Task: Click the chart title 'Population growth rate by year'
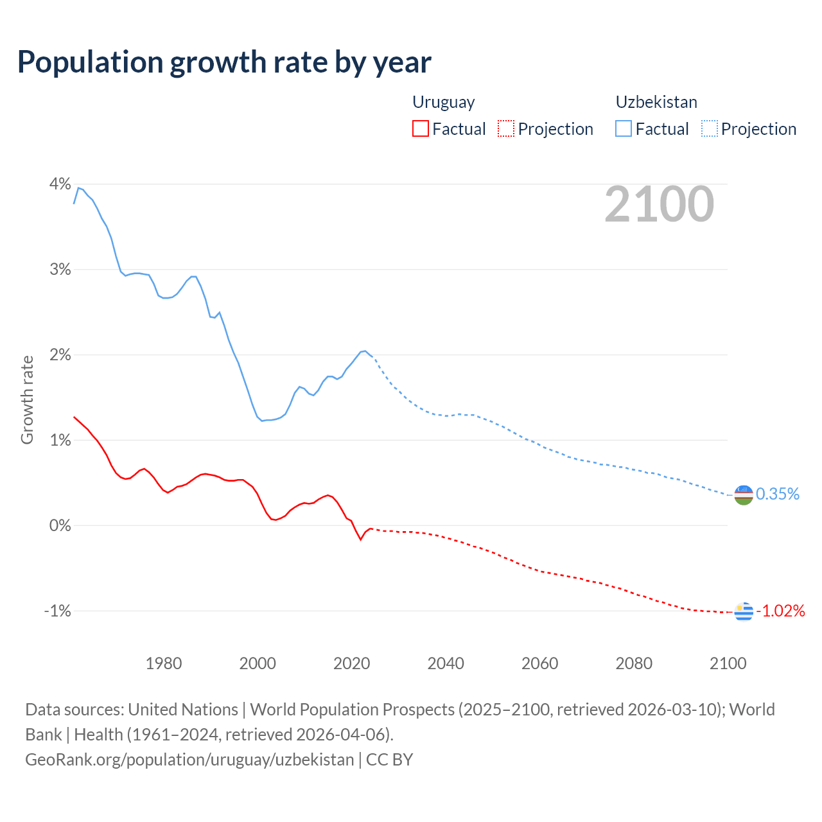pos(224,62)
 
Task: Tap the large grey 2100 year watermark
pos(659,204)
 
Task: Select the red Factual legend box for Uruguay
pos(420,129)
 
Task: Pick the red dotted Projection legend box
pos(506,129)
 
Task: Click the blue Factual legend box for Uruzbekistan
pos(623,129)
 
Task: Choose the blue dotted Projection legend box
pos(710,129)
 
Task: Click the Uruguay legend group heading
pos(443,102)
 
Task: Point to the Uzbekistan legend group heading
pos(656,102)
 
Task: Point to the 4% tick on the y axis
pos(60,184)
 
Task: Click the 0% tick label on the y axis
pos(60,525)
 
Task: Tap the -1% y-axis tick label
pos(57,611)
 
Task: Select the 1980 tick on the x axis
pos(164,663)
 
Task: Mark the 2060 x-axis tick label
pos(539,663)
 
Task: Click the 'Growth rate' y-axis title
pos(27,399)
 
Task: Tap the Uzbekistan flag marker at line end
pos(743,494)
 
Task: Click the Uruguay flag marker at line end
pos(743,611)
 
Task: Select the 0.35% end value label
pos(777,494)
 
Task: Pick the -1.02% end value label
pos(780,611)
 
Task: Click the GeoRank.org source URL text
pos(189,760)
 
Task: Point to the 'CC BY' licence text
pos(389,760)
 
